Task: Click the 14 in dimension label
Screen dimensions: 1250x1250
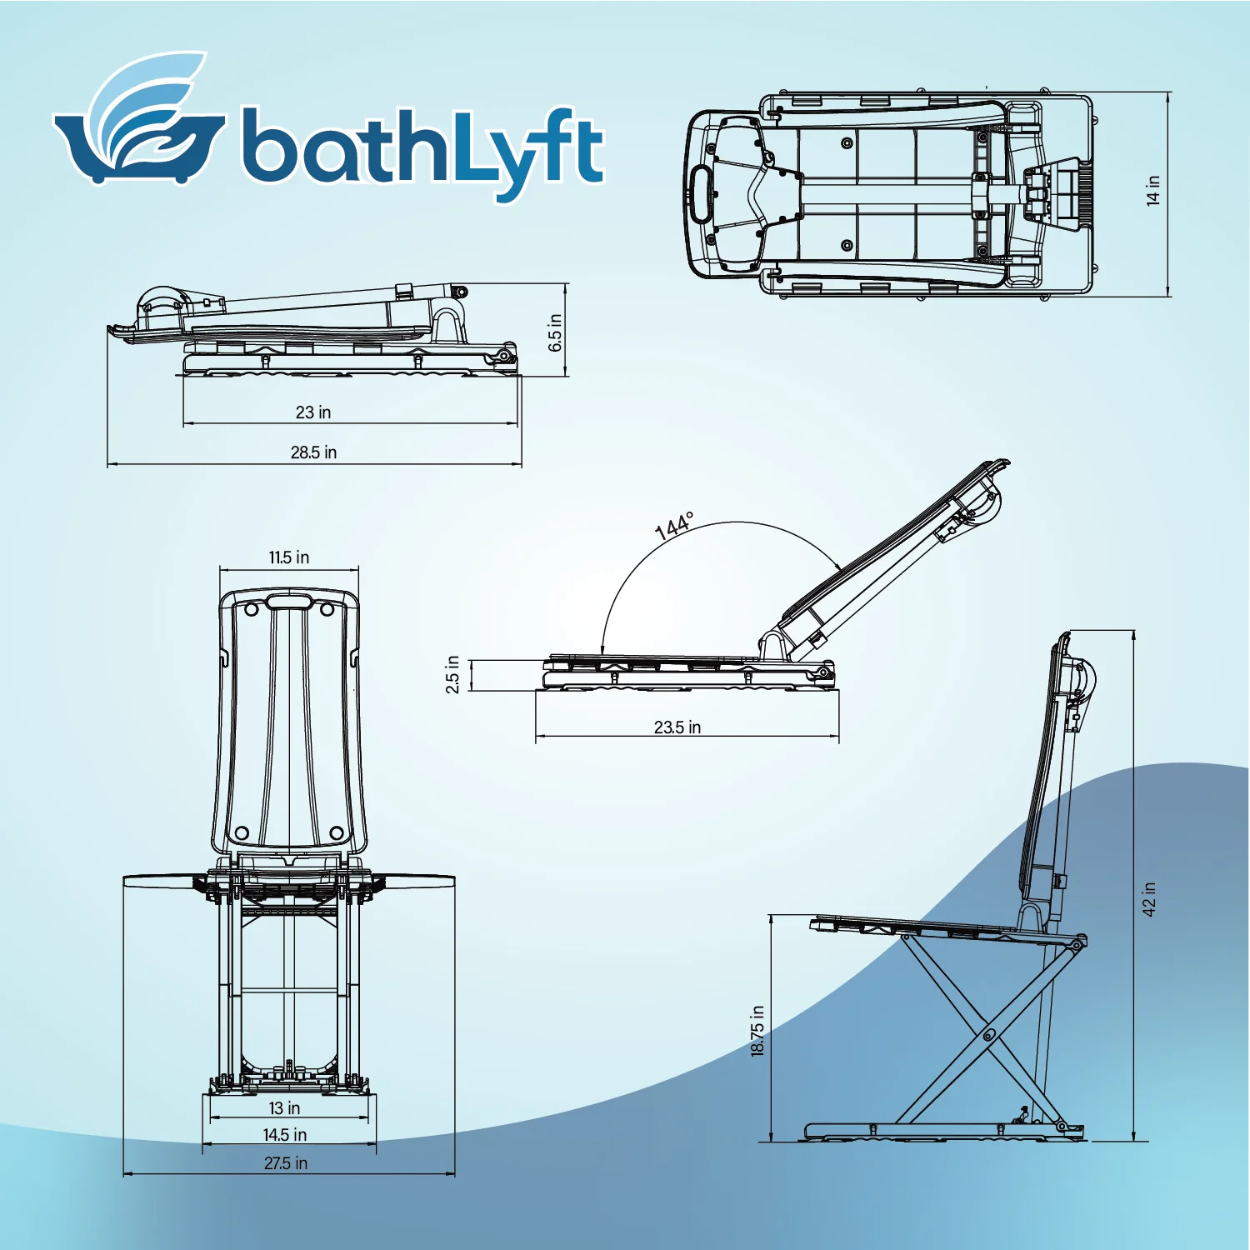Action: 1153,190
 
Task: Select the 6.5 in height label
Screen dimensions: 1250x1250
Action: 556,332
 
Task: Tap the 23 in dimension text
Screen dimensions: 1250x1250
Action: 313,412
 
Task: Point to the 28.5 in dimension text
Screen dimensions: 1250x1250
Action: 313,452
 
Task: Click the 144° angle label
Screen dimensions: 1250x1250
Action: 674,526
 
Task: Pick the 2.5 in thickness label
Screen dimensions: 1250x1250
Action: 452,674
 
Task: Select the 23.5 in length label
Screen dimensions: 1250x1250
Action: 677,727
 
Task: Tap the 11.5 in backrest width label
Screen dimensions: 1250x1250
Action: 289,557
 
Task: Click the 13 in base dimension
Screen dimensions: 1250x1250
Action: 284,1108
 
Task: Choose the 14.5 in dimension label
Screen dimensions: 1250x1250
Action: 285,1135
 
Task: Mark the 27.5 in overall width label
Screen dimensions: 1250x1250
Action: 286,1163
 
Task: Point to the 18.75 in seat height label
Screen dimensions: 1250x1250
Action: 757,1031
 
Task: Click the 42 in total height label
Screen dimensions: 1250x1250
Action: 1149,899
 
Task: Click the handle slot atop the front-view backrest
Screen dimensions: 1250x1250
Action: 289,602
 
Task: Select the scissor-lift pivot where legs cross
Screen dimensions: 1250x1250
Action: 987,1036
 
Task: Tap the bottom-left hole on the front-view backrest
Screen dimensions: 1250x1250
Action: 242,832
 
